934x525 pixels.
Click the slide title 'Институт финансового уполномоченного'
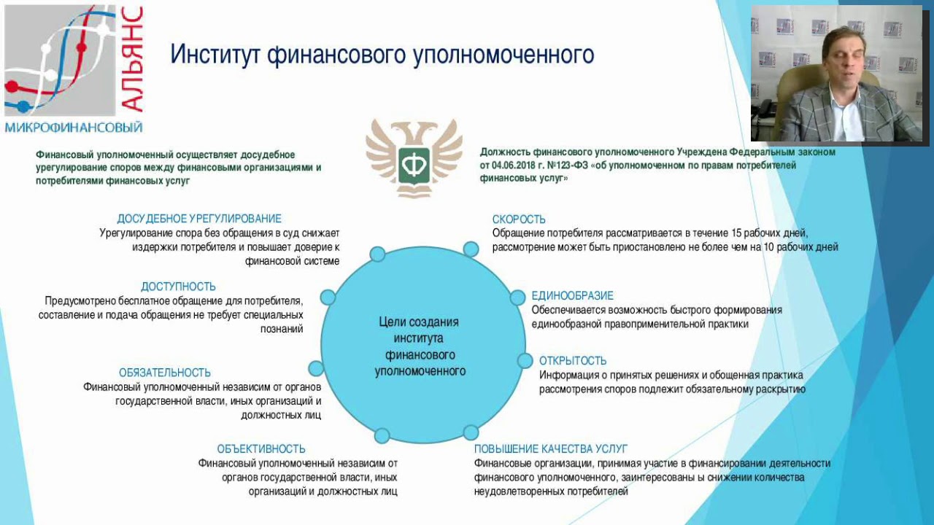point(382,55)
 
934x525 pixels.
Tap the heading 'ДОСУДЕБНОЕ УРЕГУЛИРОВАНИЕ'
point(199,219)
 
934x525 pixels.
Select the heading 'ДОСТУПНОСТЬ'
point(178,287)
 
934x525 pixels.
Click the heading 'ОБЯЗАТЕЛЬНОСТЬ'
point(165,373)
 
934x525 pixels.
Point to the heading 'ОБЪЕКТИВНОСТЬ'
point(261,449)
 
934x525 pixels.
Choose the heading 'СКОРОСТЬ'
point(519,219)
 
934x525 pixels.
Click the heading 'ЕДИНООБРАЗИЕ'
point(572,296)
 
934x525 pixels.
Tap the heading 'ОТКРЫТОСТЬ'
point(573,361)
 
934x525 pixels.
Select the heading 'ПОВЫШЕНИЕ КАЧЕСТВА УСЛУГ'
point(550,449)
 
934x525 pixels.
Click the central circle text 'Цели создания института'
point(420,330)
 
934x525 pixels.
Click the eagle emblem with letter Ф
point(414,159)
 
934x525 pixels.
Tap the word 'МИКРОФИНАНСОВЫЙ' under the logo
point(73,128)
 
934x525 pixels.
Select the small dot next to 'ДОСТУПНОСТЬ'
point(328,297)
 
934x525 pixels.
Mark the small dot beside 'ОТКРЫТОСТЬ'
point(525,361)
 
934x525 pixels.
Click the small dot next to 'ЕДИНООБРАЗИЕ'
point(517,297)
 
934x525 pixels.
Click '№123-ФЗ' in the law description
point(576,166)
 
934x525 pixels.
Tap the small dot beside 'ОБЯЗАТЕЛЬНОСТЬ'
point(316,368)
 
